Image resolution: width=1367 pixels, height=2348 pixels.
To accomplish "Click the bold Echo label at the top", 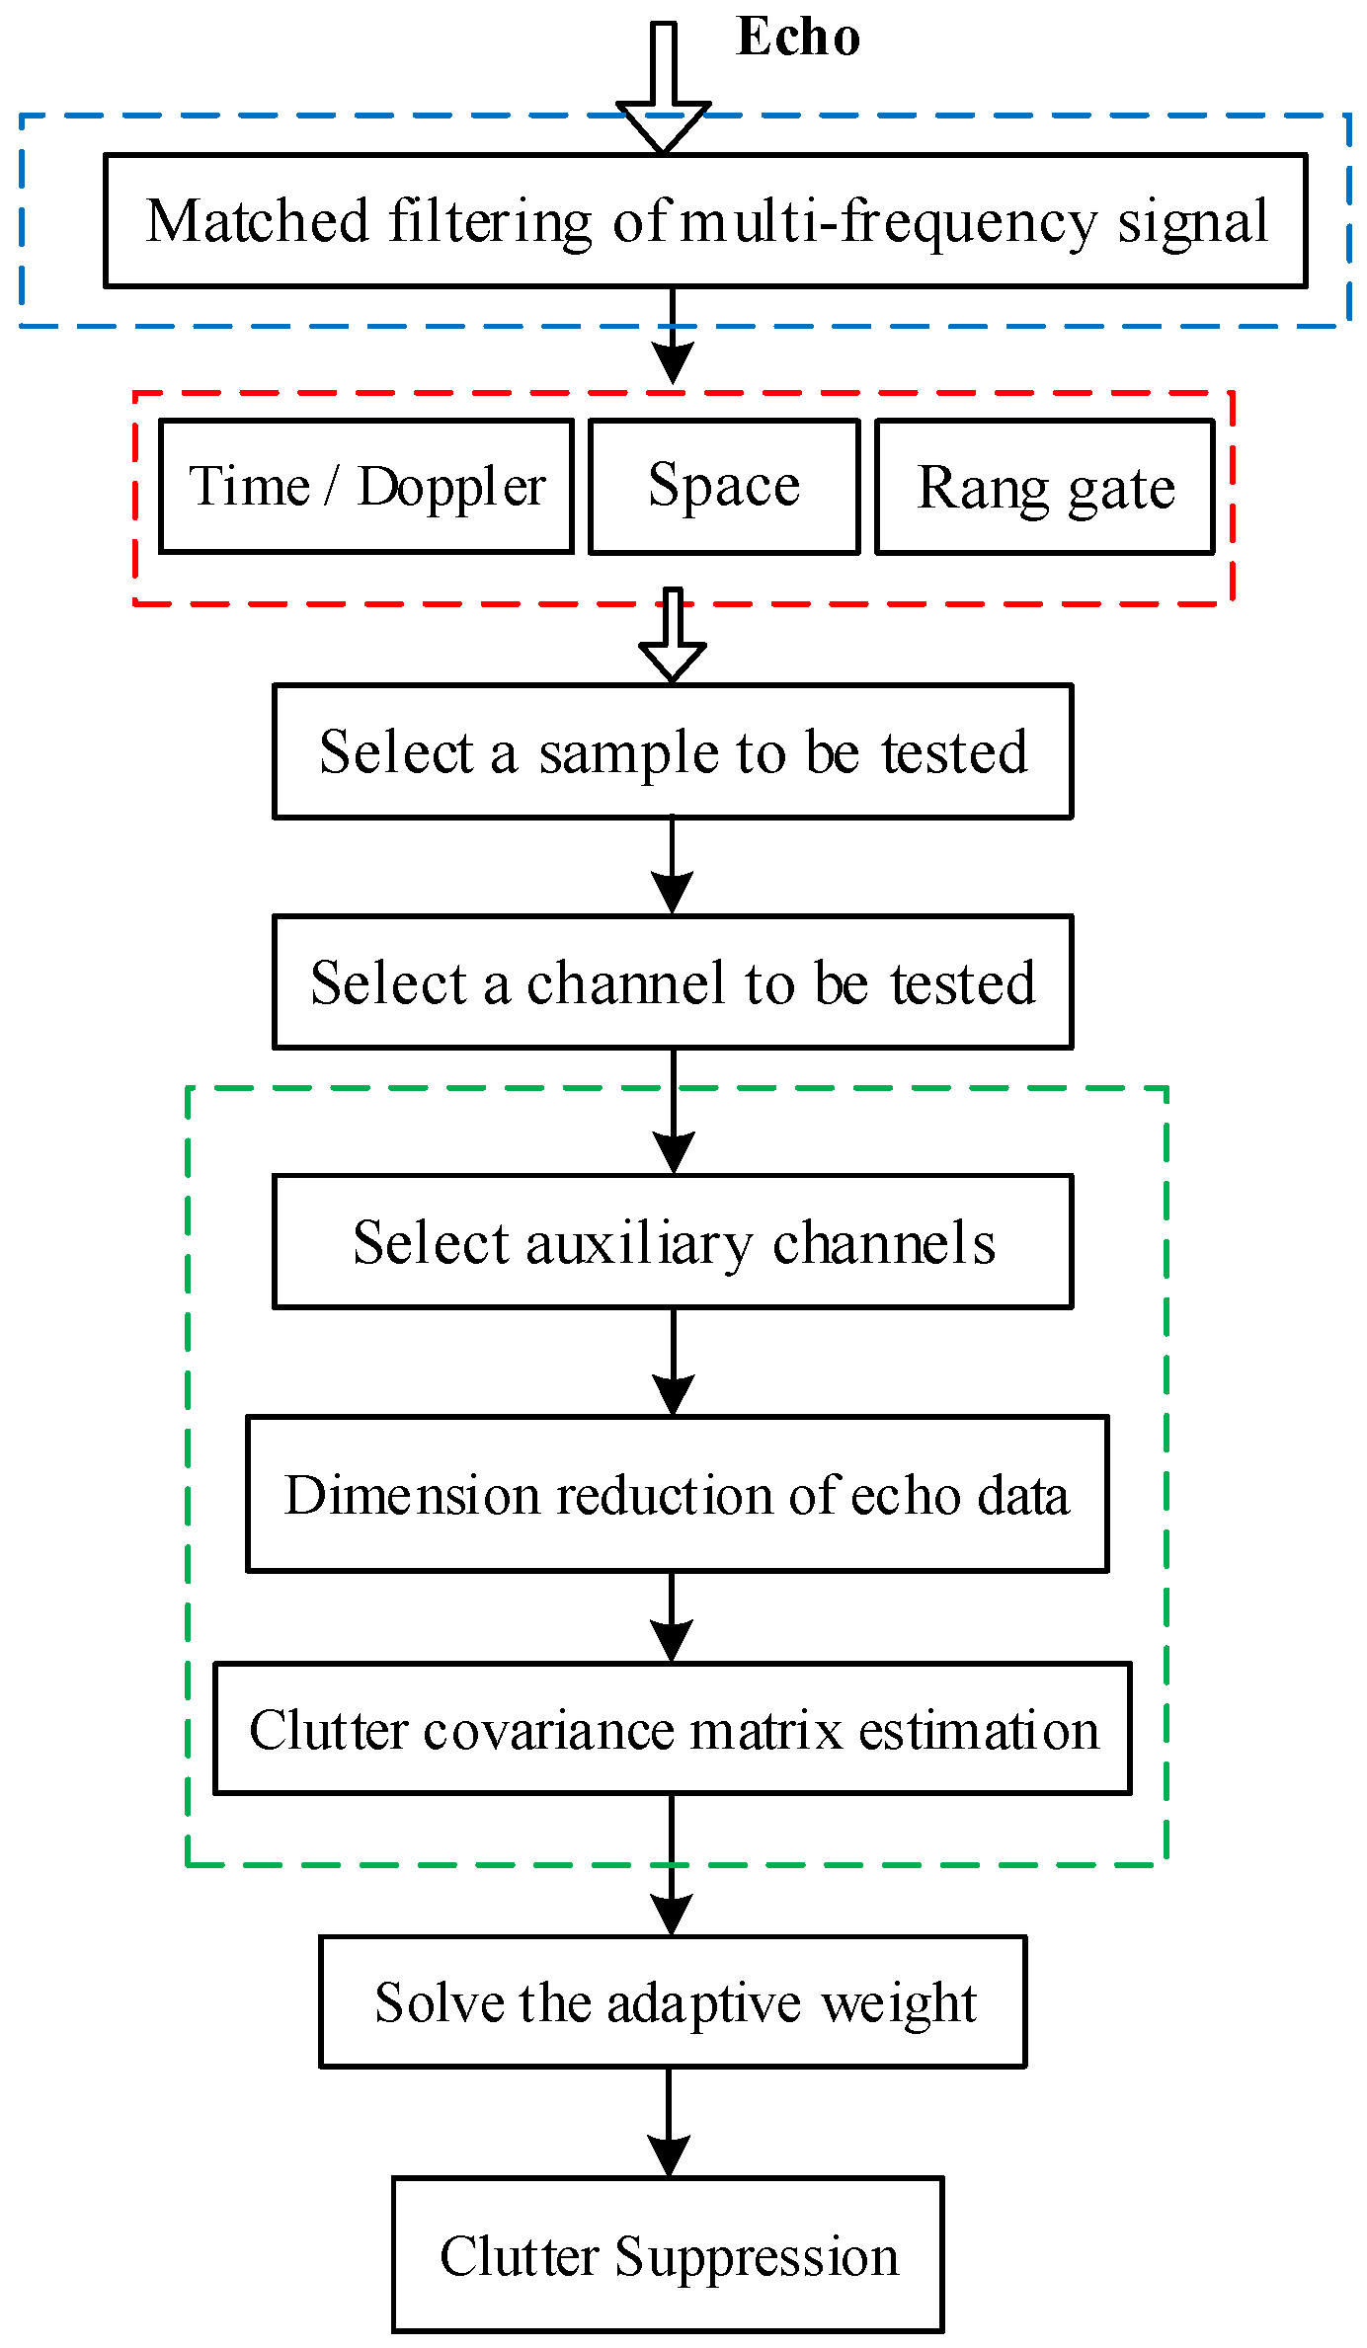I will [798, 38].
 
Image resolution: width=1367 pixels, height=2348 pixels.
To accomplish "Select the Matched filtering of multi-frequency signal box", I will [705, 221].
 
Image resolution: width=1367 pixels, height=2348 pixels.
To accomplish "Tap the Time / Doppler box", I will [366, 487].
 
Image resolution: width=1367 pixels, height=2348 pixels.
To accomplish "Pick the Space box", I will [724, 487].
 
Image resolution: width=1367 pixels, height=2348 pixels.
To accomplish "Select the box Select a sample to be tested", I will [673, 751].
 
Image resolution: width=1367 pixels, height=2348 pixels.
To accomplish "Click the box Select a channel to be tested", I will [673, 982].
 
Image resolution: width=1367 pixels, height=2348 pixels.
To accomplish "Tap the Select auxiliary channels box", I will [673, 1242].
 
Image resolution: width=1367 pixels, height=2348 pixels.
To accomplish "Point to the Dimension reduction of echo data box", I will [677, 1494].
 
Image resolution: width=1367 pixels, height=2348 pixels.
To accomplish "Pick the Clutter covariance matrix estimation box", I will [673, 1730].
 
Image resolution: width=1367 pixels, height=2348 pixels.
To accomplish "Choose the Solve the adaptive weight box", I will [673, 2002].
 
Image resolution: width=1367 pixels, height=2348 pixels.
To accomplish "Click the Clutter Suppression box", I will [668, 2255].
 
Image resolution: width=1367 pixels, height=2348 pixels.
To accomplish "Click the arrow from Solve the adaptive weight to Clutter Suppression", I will [669, 2123].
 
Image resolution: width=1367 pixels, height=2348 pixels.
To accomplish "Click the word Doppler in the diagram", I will [451, 487].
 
